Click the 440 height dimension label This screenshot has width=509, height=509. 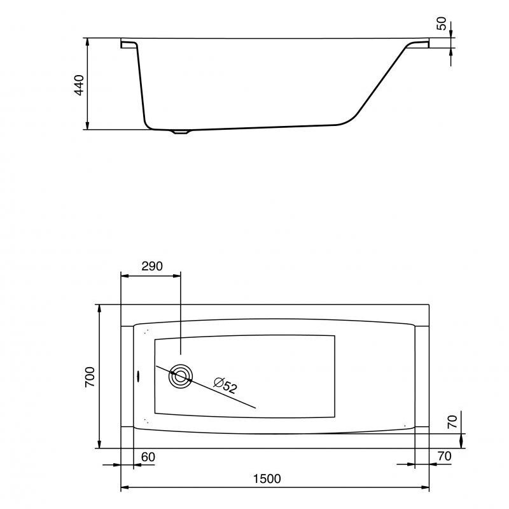click(x=79, y=85)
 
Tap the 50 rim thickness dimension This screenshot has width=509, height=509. click(x=442, y=24)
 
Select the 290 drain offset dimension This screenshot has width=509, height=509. click(x=152, y=266)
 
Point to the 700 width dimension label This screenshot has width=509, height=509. click(x=90, y=377)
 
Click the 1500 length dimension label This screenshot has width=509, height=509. click(x=267, y=479)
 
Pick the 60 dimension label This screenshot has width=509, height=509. click(x=148, y=457)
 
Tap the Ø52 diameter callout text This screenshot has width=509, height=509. click(x=225, y=386)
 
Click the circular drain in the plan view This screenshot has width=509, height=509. click(x=181, y=377)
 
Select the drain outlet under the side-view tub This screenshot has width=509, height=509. click(x=181, y=132)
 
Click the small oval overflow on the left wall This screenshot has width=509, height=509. click(x=137, y=377)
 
